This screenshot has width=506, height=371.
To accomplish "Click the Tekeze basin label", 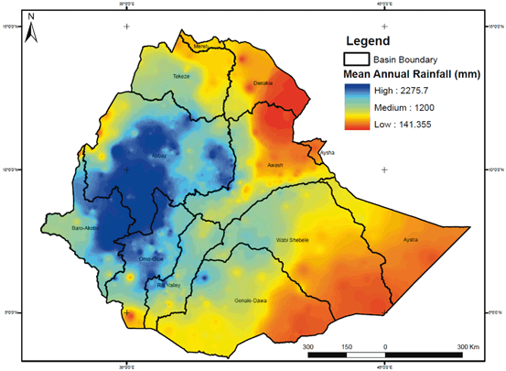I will coord(181,77).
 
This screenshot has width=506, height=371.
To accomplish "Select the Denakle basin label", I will coord(263,84).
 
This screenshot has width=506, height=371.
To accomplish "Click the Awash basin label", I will coord(275,166).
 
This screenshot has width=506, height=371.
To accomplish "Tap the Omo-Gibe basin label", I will coord(152,258).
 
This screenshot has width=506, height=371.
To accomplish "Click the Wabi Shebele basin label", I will coord(293,240).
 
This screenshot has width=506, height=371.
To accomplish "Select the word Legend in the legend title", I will coord(369,41).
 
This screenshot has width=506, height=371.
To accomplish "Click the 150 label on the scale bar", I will coord(347,347).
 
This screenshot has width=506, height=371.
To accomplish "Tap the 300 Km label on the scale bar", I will coord(467,347).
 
